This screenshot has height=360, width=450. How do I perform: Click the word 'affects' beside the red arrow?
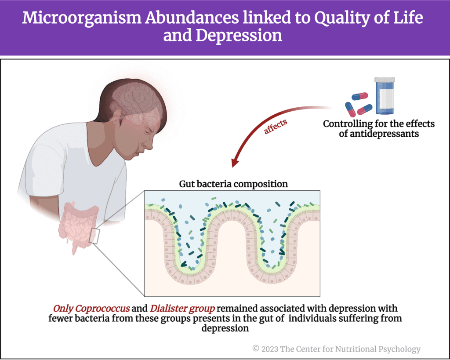click(276, 126)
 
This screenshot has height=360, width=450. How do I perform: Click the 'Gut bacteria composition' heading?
click(233, 184)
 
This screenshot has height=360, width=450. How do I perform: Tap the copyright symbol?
click(256, 349)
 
